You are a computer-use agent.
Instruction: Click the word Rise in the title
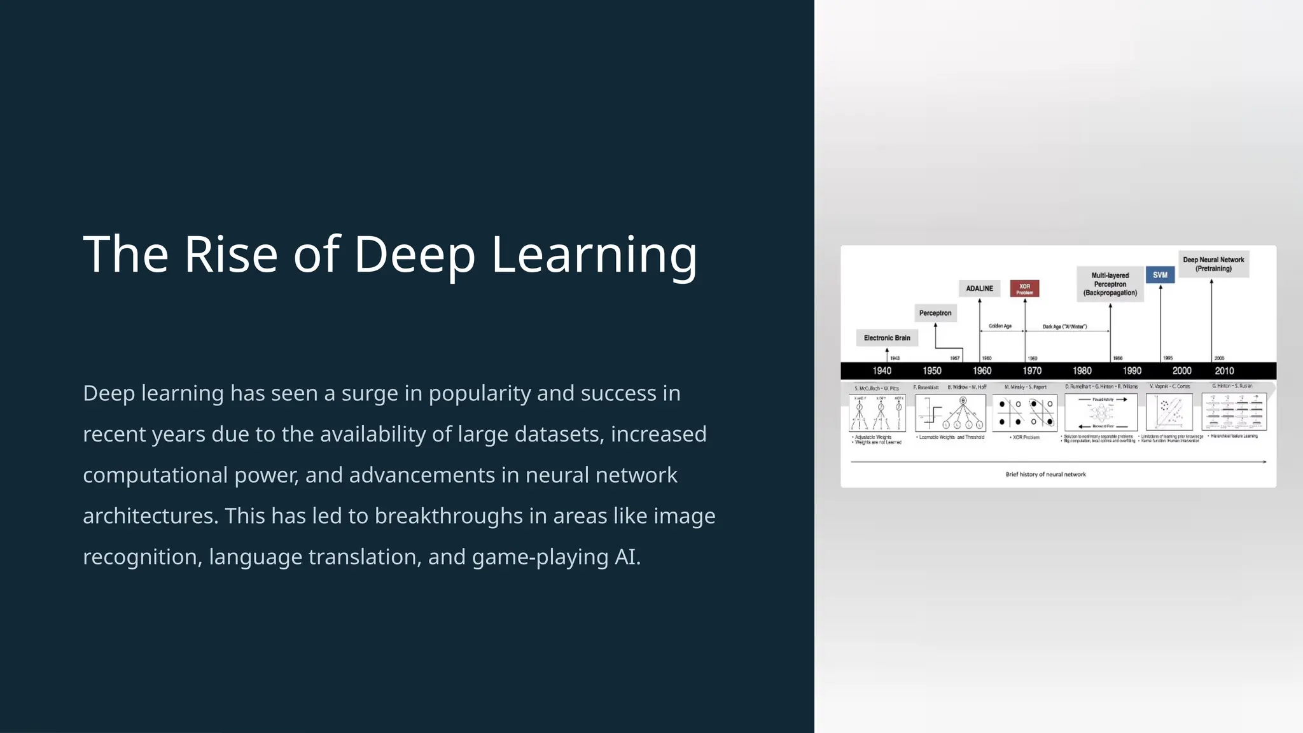tap(230, 255)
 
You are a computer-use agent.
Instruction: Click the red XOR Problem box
tap(1024, 288)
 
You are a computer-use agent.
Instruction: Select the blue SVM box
tap(1160, 275)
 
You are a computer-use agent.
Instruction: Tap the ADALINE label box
tap(979, 288)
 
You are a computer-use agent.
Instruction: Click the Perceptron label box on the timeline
tap(935, 313)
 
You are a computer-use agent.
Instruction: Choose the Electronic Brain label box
tap(887, 338)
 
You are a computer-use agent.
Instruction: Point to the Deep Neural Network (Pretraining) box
tap(1213, 264)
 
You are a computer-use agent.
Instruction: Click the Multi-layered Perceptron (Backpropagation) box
tap(1110, 284)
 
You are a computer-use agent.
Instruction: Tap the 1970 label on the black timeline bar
tap(1032, 371)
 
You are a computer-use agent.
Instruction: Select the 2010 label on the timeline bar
tap(1224, 371)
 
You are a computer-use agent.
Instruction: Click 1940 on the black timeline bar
tap(882, 371)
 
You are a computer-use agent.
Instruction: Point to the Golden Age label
tap(1000, 326)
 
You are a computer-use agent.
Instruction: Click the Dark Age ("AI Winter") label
tap(1065, 327)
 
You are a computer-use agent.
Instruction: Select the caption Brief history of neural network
tap(1045, 474)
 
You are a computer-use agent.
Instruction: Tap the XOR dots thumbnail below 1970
tap(1024, 413)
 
